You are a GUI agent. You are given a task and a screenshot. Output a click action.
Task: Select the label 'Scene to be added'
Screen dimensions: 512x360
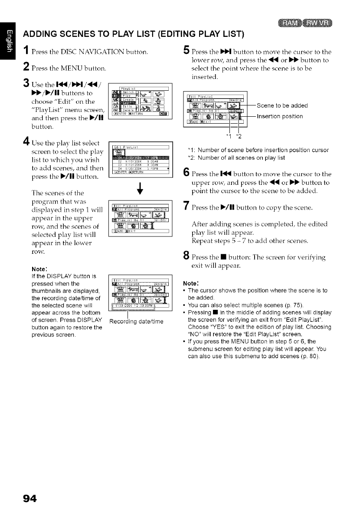tap(282, 105)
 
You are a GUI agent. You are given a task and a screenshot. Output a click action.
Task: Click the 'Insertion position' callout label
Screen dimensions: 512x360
tap(280, 116)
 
